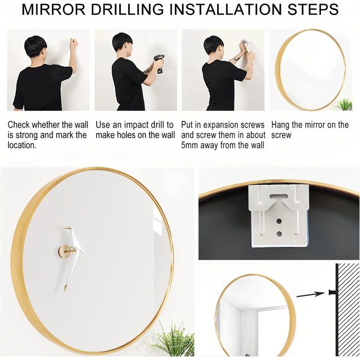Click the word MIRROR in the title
(x=53, y=9)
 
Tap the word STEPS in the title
(x=313, y=9)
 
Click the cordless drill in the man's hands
(x=159, y=63)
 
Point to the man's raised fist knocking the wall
(x=74, y=43)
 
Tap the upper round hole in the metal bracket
(x=279, y=222)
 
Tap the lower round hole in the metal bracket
(x=279, y=234)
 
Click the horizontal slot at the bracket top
(x=279, y=196)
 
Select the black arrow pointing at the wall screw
(x=311, y=294)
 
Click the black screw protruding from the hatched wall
(x=332, y=292)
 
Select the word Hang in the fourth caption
(x=281, y=125)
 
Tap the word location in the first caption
(x=22, y=145)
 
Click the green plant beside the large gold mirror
(x=173, y=339)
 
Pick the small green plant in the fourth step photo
(x=345, y=105)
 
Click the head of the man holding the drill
(x=122, y=43)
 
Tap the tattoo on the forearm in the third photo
(x=237, y=60)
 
